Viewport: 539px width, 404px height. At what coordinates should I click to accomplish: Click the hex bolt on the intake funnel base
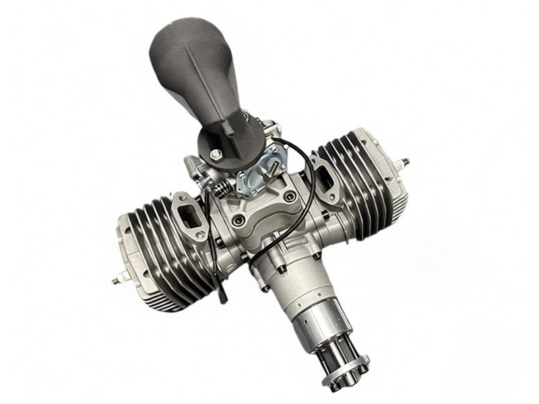pyautogui.click(x=215, y=155)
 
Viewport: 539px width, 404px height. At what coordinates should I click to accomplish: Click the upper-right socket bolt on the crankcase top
pyautogui.click(x=290, y=197)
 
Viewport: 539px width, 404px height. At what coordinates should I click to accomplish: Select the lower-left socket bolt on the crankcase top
pyautogui.click(x=236, y=220)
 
